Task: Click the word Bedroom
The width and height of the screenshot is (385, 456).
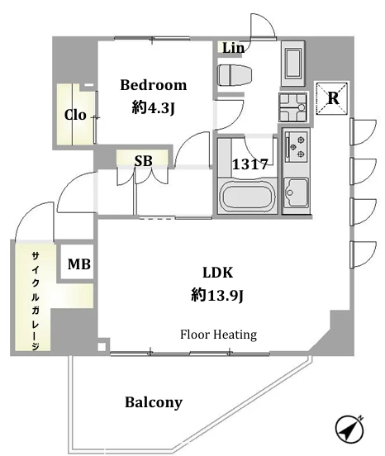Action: click(153, 85)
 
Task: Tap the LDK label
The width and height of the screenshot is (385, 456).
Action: click(218, 273)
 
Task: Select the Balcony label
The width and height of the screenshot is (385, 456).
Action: click(154, 402)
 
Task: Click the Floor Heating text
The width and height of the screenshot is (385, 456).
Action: click(218, 335)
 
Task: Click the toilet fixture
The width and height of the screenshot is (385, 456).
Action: click(235, 75)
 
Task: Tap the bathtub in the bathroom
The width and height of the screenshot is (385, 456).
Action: click(246, 197)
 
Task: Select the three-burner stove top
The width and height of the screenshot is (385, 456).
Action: click(297, 145)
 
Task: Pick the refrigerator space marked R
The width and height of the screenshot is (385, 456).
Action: click(332, 98)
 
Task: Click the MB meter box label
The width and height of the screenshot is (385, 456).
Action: click(78, 264)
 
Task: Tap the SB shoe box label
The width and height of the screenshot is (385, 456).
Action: click(143, 160)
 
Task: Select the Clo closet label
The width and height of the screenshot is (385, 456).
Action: click(75, 115)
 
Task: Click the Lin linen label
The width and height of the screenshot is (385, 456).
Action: click(233, 48)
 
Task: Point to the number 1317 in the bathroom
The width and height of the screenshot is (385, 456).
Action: click(250, 164)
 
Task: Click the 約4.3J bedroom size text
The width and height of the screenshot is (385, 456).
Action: click(153, 108)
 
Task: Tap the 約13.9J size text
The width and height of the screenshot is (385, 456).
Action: click(217, 296)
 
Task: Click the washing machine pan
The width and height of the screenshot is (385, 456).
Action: click(292, 107)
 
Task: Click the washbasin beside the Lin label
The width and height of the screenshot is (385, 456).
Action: click(292, 64)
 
